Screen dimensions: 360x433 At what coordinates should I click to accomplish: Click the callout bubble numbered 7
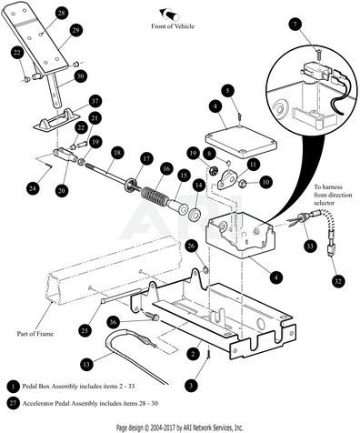(x=295, y=24)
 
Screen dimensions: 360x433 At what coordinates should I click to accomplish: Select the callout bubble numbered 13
(x=86, y=364)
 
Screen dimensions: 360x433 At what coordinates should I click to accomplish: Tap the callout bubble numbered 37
(x=95, y=101)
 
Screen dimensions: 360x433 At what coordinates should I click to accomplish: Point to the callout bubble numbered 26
(x=191, y=247)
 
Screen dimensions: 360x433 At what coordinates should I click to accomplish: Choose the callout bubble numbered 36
(x=113, y=322)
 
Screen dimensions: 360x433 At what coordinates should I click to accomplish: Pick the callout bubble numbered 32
(x=338, y=282)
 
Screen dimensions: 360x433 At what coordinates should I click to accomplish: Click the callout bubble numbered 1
(x=13, y=387)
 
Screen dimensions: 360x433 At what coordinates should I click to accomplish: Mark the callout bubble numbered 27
(x=13, y=403)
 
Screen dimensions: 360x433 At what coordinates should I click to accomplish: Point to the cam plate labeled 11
(x=227, y=180)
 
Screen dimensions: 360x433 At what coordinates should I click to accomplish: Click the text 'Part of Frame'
(x=35, y=334)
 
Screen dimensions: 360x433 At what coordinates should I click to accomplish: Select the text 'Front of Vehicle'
(x=173, y=26)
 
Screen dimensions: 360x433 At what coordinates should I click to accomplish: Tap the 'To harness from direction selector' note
(x=333, y=195)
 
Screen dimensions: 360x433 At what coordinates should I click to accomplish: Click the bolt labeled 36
(x=152, y=317)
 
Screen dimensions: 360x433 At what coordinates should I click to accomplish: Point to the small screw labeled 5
(x=240, y=116)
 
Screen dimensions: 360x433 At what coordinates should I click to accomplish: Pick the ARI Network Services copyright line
(x=180, y=428)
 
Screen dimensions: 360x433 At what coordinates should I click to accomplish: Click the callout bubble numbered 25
(x=85, y=329)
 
